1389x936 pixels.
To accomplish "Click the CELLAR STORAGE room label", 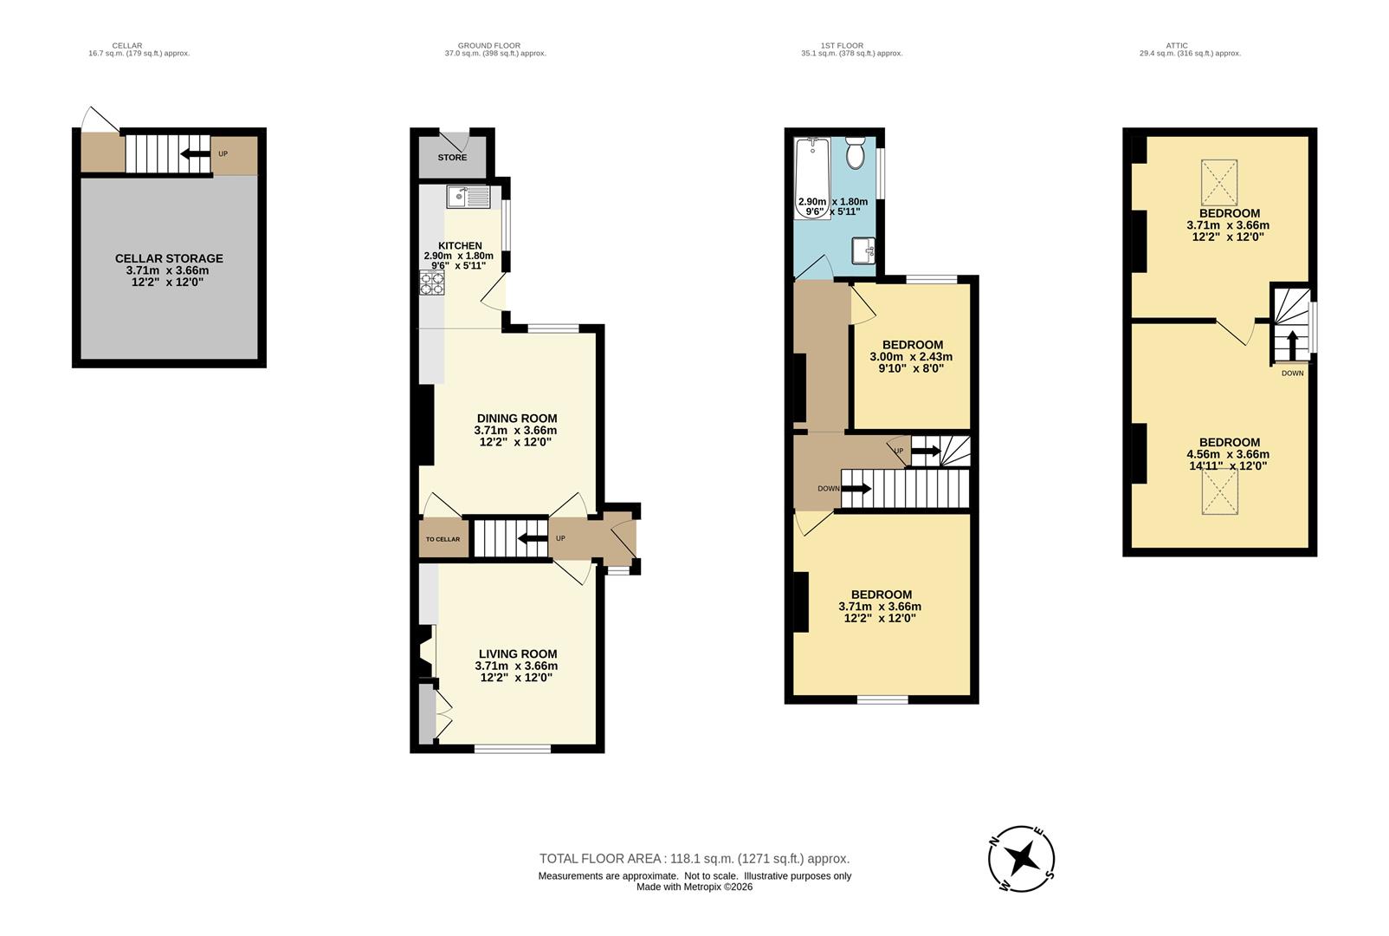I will pos(169,258).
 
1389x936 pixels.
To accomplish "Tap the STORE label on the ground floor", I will pos(452,158).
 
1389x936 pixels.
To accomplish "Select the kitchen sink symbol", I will pos(468,198).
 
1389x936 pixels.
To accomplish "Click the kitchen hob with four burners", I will pos(431,283).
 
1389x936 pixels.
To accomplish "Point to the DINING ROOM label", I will pos(516,419).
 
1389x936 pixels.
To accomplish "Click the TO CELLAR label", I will pos(443,539).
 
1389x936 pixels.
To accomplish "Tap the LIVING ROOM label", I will pos(517,654).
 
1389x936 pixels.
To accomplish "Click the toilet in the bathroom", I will pos(856,153).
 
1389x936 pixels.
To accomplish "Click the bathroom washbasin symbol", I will pos(865,251).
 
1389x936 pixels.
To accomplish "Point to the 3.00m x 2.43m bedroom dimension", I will pos(912,357).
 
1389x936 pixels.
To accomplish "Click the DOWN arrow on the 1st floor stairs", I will pos(856,489).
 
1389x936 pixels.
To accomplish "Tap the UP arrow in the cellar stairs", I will pos(194,154).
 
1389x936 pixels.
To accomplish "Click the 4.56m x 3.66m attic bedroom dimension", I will pos(1228,454).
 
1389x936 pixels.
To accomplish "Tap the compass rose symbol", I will pos(1021,859).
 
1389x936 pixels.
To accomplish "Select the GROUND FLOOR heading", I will pos(488,46).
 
